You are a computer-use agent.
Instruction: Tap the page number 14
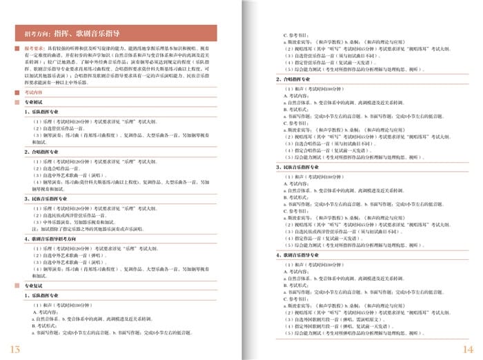468,349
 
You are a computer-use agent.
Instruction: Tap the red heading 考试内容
34,91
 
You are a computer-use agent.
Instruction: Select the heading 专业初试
34,101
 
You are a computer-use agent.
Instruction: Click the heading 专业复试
34,285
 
